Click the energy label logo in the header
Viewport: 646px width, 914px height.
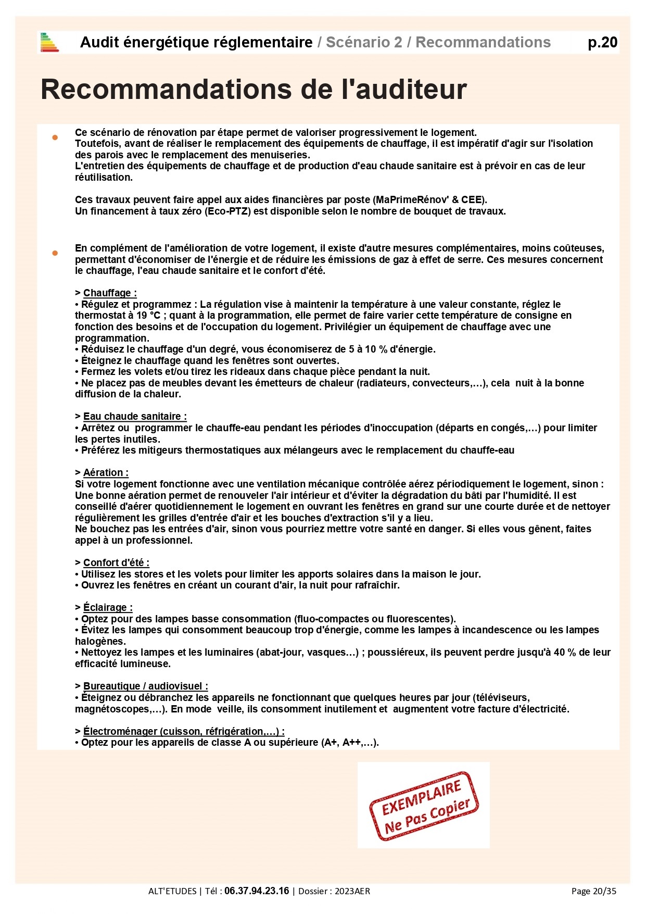[x=49, y=42]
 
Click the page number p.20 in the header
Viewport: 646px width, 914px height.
[x=602, y=42]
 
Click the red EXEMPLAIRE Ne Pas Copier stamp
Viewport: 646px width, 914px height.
[x=423, y=805]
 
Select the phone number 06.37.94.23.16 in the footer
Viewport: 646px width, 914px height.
[x=257, y=891]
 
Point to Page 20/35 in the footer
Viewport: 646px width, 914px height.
[x=593, y=891]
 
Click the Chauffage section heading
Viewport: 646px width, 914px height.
[x=109, y=293]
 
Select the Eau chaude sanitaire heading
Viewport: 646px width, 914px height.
[x=134, y=416]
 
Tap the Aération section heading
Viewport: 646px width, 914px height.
[x=105, y=472]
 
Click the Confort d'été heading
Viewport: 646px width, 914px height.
[x=116, y=562]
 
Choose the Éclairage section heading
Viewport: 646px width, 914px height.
[x=107, y=607]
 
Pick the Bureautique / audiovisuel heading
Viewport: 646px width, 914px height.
[x=145, y=686]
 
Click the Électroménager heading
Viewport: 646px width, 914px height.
[x=183, y=731]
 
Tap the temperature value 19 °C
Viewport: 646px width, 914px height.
[x=148, y=315]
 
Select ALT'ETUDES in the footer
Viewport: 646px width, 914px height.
[x=172, y=891]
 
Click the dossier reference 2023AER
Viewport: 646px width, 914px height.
[x=352, y=891]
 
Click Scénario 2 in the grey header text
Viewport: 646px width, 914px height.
[x=364, y=42]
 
